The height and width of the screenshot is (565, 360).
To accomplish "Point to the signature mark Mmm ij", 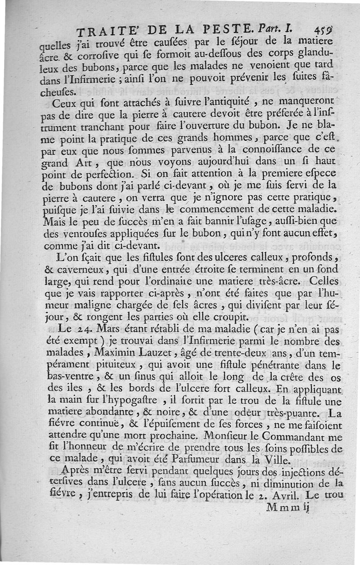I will point(286,507).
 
